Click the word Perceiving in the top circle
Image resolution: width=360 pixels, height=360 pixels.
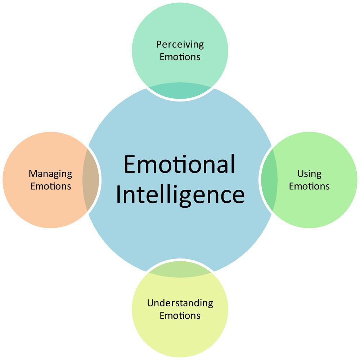pyautogui.click(x=180, y=44)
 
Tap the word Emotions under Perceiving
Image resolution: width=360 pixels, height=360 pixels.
pyautogui.click(x=180, y=57)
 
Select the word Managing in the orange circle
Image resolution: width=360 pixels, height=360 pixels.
pyautogui.click(x=50, y=174)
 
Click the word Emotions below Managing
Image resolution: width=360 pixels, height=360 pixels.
pyautogui.click(x=51, y=186)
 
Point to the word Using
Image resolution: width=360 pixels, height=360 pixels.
pyautogui.click(x=309, y=174)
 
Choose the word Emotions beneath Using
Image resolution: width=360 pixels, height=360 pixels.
pyautogui.click(x=309, y=186)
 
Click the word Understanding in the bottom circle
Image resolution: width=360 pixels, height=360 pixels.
pyautogui.click(x=180, y=303)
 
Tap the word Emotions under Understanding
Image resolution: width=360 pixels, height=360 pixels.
pyautogui.click(x=180, y=316)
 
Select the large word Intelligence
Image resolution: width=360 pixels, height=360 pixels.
pyautogui.click(x=180, y=195)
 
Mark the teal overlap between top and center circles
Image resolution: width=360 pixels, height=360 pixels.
pyautogui.click(x=180, y=91)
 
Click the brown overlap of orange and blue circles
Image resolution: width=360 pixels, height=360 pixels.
pyautogui.click(x=90, y=180)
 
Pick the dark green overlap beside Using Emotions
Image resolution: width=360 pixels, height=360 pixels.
pyautogui.click(x=269, y=180)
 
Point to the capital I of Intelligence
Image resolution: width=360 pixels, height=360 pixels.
pyautogui.click(x=118, y=195)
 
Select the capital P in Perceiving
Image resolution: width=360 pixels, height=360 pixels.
pyautogui.click(x=159, y=44)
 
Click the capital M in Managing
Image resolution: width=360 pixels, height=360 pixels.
pyautogui.click(x=33, y=174)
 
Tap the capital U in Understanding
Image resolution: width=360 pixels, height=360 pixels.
pyautogui.click(x=150, y=303)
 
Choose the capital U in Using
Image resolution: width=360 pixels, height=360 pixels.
pyautogui.click(x=301, y=174)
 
